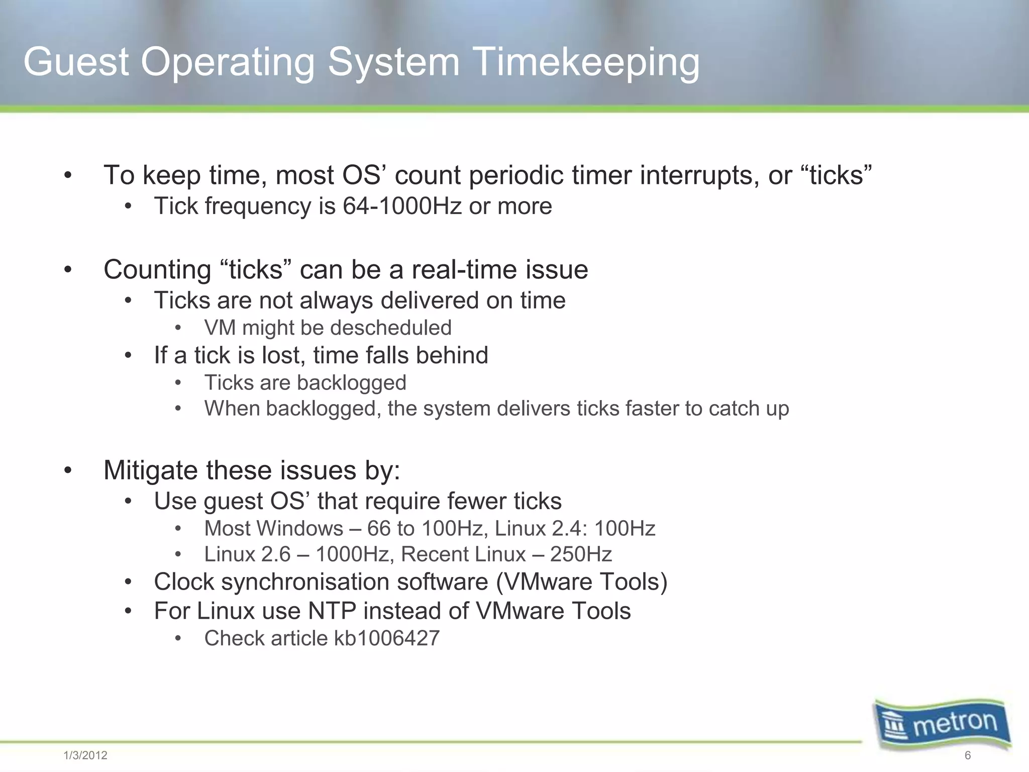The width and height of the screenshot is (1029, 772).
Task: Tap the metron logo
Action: pyautogui.click(x=943, y=724)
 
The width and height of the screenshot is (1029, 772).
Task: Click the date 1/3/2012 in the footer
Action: pyautogui.click(x=85, y=755)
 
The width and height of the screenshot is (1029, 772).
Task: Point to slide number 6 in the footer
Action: pyautogui.click(x=967, y=755)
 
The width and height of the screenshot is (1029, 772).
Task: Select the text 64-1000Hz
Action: pyautogui.click(x=402, y=206)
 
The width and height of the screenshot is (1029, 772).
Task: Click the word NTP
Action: pyautogui.click(x=332, y=611)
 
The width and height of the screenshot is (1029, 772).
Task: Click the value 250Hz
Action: pyautogui.click(x=581, y=554)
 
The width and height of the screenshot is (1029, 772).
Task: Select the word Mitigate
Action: pyautogui.click(x=150, y=471)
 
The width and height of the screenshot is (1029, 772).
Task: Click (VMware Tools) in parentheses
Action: pyautogui.click(x=582, y=582)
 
